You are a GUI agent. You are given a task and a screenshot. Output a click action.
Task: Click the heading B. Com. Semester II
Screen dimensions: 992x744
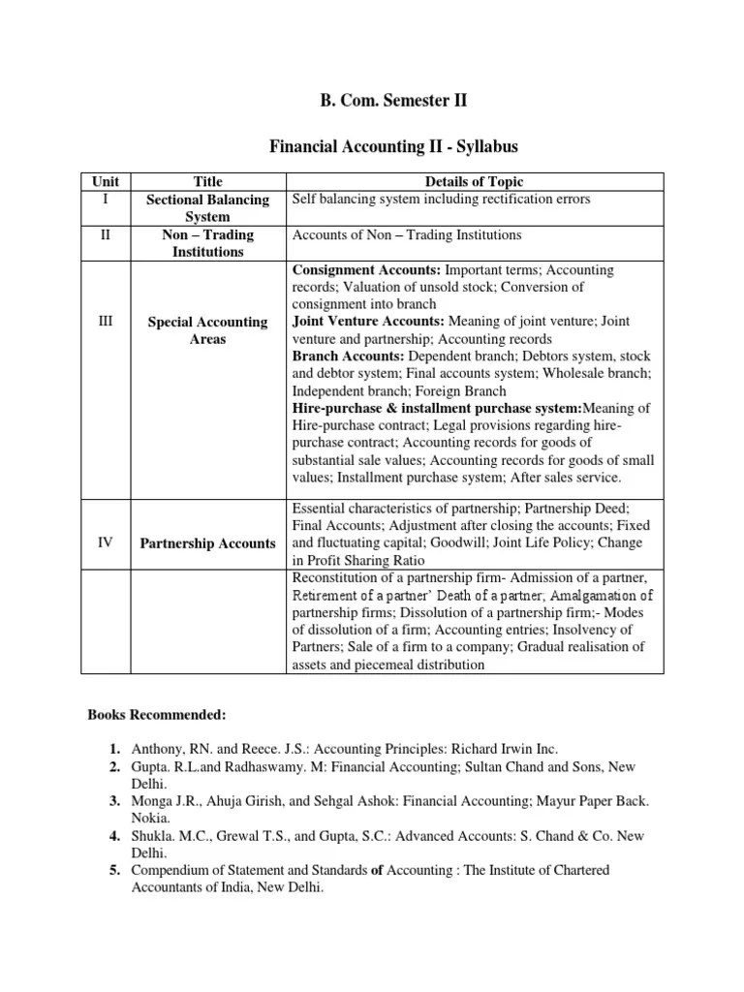point(372,100)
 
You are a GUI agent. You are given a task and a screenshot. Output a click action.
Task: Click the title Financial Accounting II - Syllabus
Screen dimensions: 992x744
point(372,146)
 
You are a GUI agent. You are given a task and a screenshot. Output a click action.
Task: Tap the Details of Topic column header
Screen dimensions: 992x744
point(476,181)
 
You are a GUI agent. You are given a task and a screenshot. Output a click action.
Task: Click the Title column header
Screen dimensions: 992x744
point(208,181)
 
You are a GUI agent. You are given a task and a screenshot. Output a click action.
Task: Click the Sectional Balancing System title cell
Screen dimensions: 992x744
point(208,208)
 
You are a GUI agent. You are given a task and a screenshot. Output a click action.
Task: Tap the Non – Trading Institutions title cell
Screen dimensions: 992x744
point(208,243)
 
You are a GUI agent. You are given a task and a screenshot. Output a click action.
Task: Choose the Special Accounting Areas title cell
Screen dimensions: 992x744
point(208,330)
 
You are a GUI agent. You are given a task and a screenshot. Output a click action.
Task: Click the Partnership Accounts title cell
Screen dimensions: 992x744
point(208,543)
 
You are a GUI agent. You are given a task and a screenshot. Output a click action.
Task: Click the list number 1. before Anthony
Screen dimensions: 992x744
point(114,749)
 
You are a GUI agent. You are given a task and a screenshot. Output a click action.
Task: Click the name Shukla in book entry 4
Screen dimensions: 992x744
point(151,836)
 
